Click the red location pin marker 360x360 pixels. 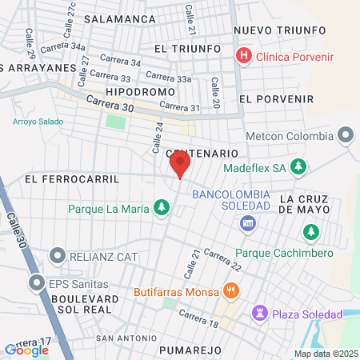pos(180,165)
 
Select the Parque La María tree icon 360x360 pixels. pos(162,209)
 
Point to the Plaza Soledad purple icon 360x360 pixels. pos(260,311)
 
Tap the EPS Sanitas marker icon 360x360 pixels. pos(37,282)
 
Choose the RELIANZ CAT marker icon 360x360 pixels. pos(57,256)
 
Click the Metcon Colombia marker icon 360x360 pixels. pos(346,134)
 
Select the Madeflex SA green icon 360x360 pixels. pos(298,167)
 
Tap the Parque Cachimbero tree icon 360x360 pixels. pos(310,232)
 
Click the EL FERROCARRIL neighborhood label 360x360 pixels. pos(71,178)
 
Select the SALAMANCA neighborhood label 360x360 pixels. pos(119,18)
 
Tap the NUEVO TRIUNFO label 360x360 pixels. pos(280,30)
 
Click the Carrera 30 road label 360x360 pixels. pos(106,104)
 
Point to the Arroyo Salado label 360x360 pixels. pos(38,122)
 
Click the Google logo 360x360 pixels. pos(26,350)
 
